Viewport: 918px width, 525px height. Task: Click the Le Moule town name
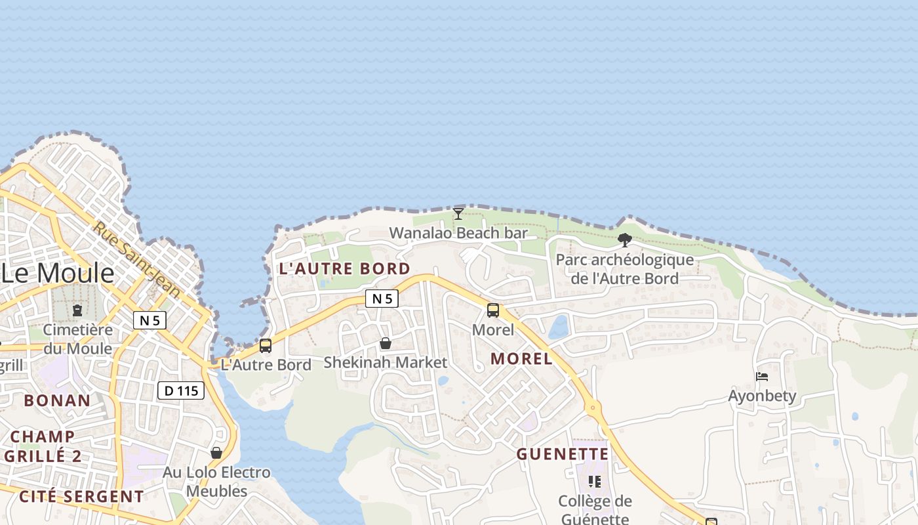[58, 273]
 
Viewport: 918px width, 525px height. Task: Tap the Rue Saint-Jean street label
[127, 257]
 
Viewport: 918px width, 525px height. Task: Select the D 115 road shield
[181, 391]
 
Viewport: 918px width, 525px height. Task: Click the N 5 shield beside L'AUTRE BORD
[382, 299]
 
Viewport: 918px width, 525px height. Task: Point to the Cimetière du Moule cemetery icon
[77, 310]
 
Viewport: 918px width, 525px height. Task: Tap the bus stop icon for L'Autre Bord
[266, 345]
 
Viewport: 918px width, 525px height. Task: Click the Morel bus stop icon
[493, 310]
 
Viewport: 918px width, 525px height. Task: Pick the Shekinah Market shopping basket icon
[386, 343]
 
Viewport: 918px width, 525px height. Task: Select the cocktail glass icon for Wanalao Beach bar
[458, 214]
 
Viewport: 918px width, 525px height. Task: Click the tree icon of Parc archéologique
[625, 240]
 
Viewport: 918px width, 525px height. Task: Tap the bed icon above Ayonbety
[762, 377]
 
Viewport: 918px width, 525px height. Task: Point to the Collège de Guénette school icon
[595, 482]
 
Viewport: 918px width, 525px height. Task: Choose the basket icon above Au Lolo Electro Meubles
[216, 453]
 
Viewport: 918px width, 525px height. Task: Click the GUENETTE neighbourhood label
[563, 454]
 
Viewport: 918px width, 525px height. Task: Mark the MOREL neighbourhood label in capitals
[521, 359]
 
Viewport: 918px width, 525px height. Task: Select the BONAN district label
[57, 400]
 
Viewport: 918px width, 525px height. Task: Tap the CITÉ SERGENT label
[81, 496]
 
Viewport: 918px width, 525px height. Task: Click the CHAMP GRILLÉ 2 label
[43, 446]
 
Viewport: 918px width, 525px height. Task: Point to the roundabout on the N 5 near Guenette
[594, 408]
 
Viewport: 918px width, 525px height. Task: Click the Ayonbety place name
[762, 396]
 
